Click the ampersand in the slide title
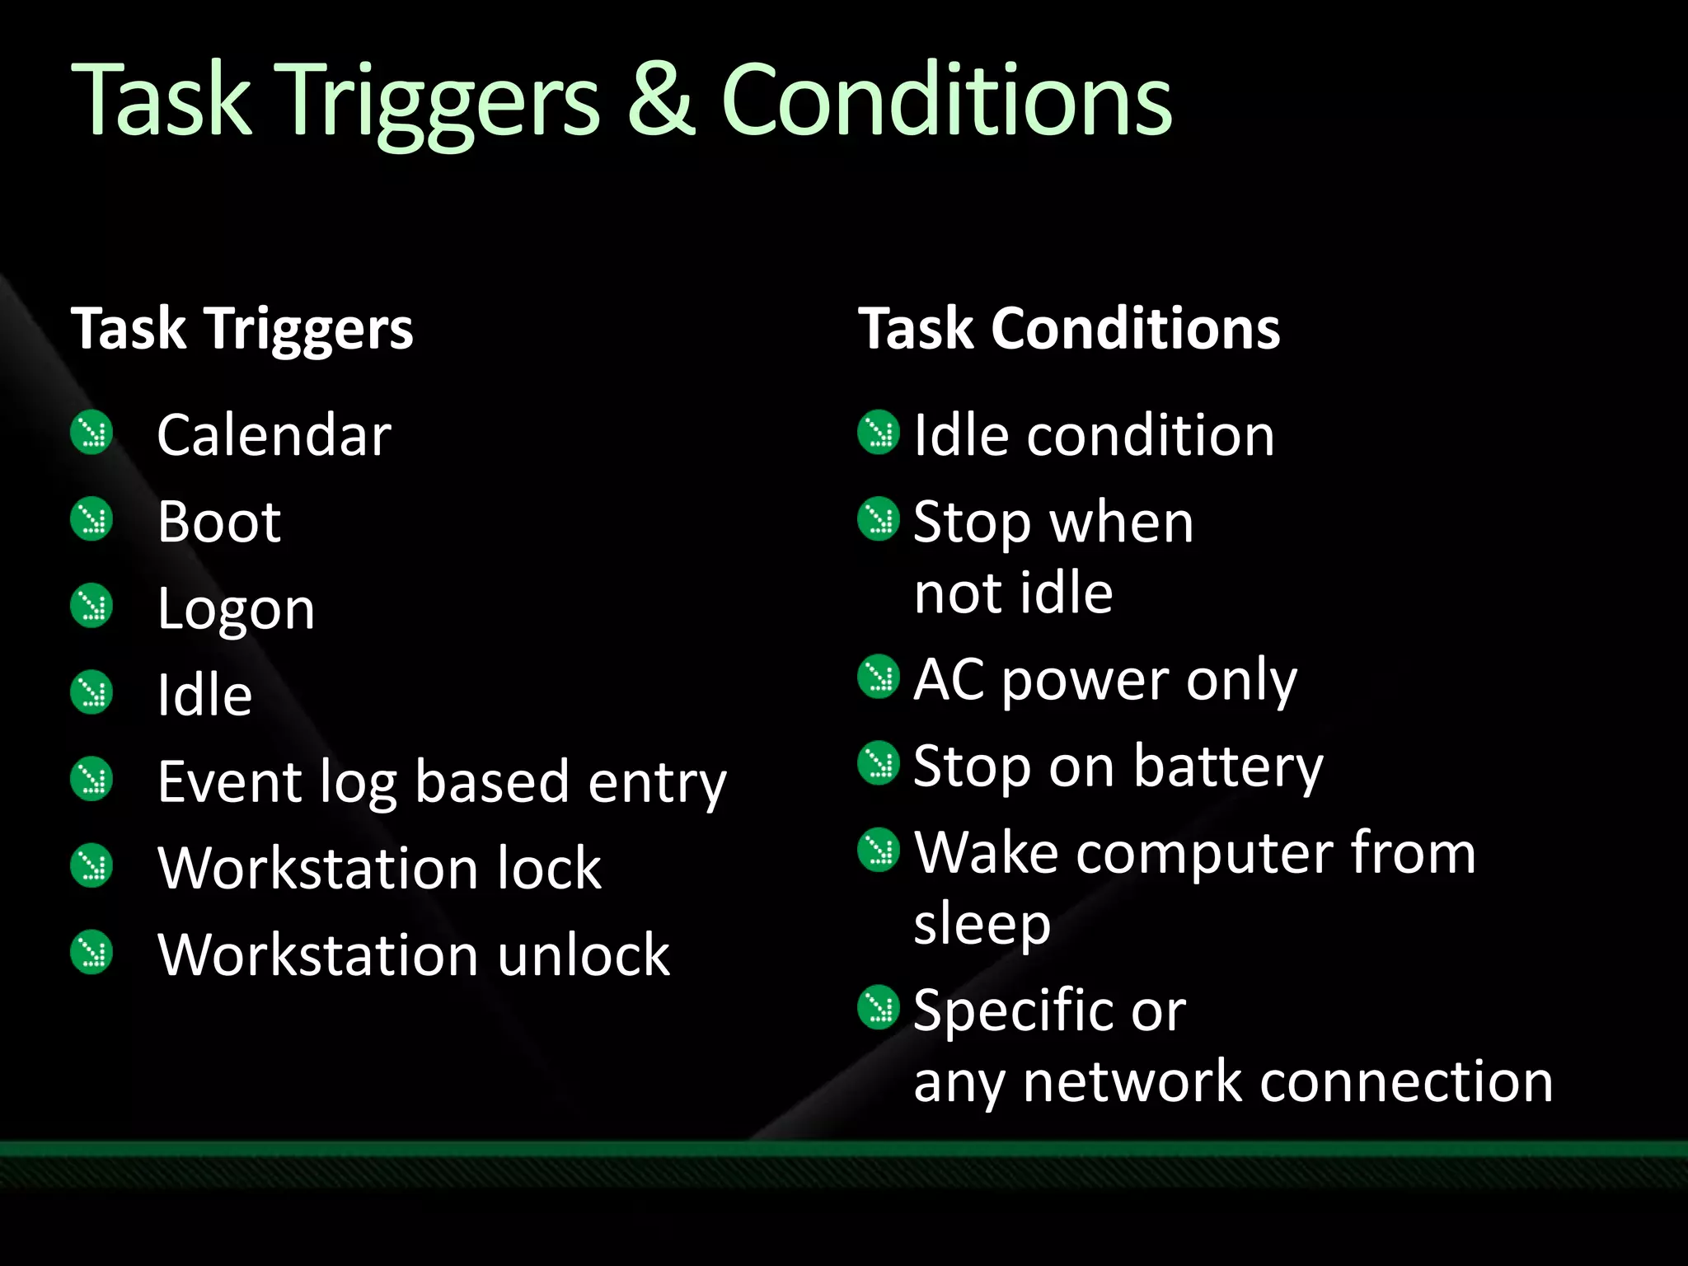pyautogui.click(x=662, y=101)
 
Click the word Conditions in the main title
pyautogui.click(x=946, y=101)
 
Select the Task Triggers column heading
pyautogui.click(x=241, y=329)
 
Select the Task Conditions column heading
pyautogui.click(x=1069, y=329)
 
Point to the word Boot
pyautogui.click(x=219, y=522)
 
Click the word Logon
pyautogui.click(x=236, y=611)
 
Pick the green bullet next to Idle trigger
pyautogui.click(x=91, y=692)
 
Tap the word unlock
pyautogui.click(x=584, y=955)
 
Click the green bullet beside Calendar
pyautogui.click(x=91, y=432)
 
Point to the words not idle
pyautogui.click(x=1013, y=593)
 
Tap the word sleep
pyautogui.click(x=982, y=925)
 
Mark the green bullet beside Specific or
pyautogui.click(x=879, y=1007)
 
